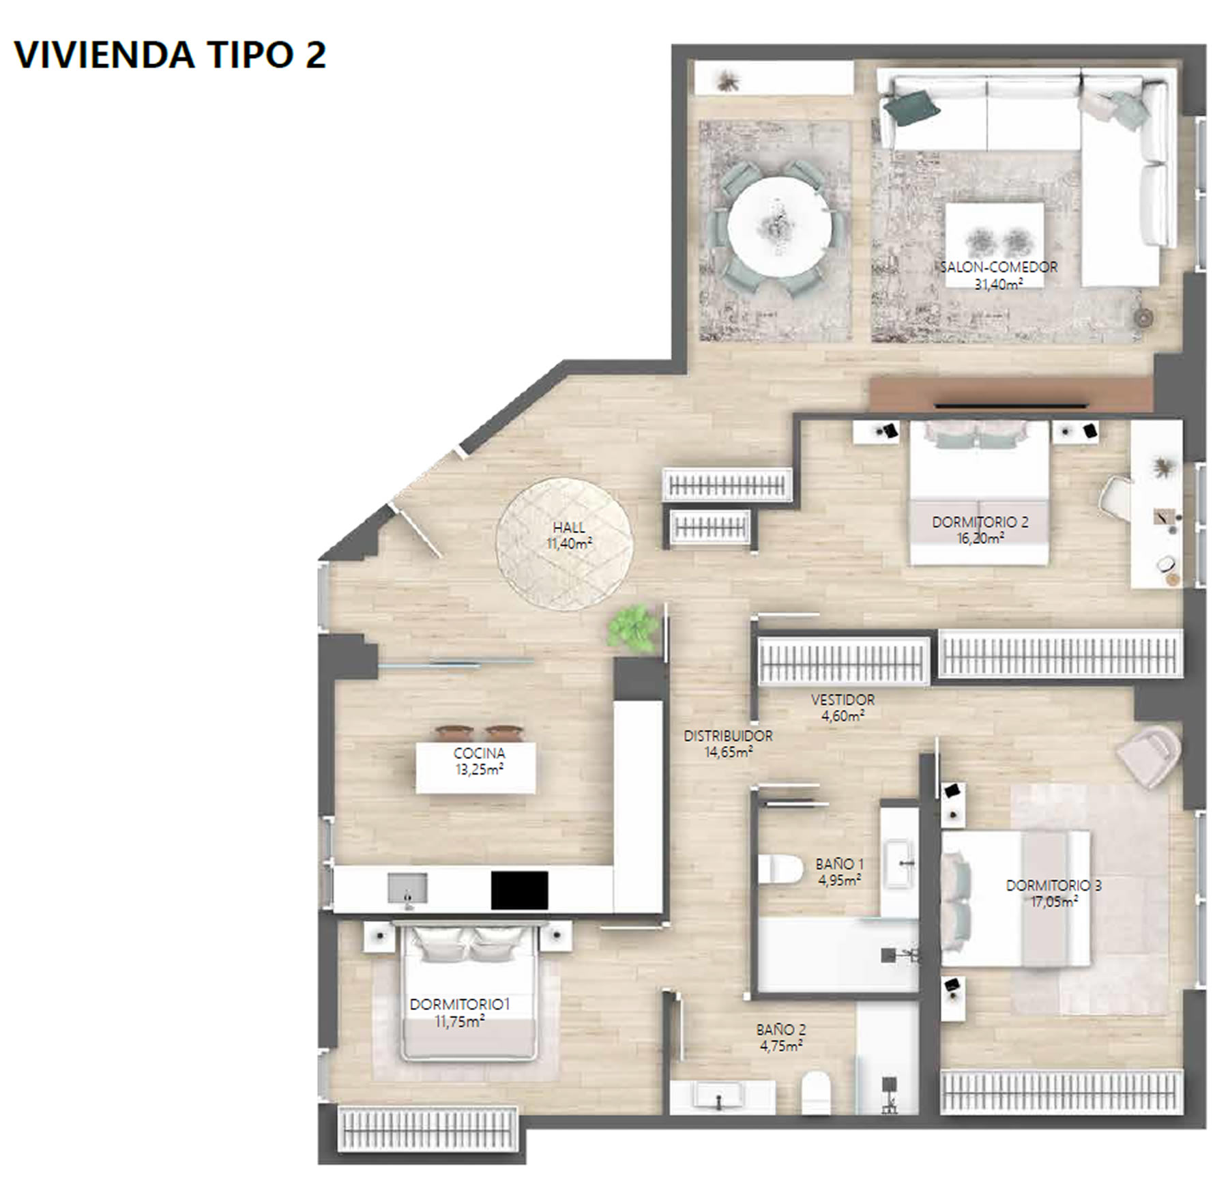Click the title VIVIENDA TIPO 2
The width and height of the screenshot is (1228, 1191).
(170, 55)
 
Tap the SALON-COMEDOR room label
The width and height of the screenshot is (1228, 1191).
(999, 267)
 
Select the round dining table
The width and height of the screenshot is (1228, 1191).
(779, 225)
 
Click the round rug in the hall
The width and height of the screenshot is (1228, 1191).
(564, 543)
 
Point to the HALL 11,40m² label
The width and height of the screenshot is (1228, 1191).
(569, 536)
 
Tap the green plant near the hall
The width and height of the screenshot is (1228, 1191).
(634, 627)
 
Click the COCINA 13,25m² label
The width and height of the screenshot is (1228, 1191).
(480, 762)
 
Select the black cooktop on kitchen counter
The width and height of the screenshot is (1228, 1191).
(519, 890)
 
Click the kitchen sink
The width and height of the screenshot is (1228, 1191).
(408, 889)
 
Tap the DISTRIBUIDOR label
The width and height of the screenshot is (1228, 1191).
(728, 736)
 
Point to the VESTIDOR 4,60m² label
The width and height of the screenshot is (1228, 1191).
(843, 708)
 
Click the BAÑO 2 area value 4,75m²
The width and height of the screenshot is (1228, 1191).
(781, 1046)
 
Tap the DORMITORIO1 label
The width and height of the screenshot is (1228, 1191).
(460, 1005)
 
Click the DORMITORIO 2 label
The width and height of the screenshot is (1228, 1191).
(980, 522)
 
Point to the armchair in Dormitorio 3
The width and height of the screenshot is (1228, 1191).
(1150, 753)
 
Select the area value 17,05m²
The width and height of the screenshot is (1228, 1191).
(1054, 902)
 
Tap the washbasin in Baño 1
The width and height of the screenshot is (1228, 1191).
(899, 864)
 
